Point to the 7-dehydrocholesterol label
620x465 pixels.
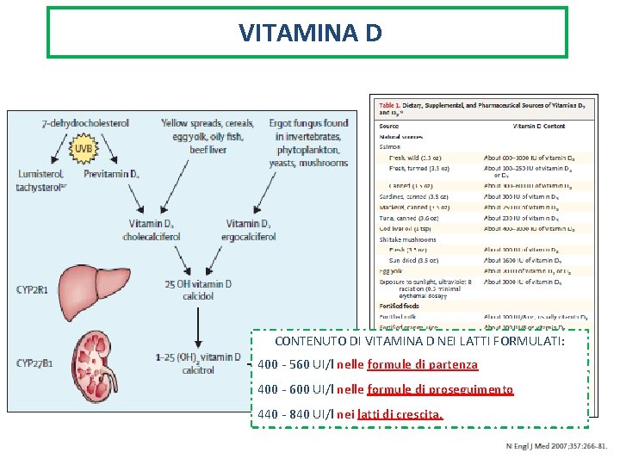point(85,123)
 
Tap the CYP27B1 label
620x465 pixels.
point(35,363)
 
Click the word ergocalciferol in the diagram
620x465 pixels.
point(248,237)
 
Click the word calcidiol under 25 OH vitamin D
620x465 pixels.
point(199,295)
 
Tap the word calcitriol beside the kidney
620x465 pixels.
point(198,370)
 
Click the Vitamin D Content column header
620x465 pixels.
point(539,127)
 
